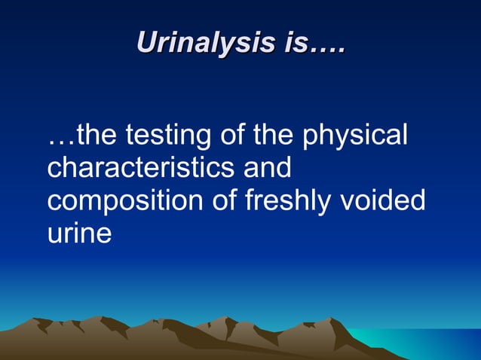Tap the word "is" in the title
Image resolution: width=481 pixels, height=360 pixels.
click(296, 42)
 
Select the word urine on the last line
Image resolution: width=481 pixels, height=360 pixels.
click(79, 233)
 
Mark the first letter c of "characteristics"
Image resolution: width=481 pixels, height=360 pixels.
click(54, 169)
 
